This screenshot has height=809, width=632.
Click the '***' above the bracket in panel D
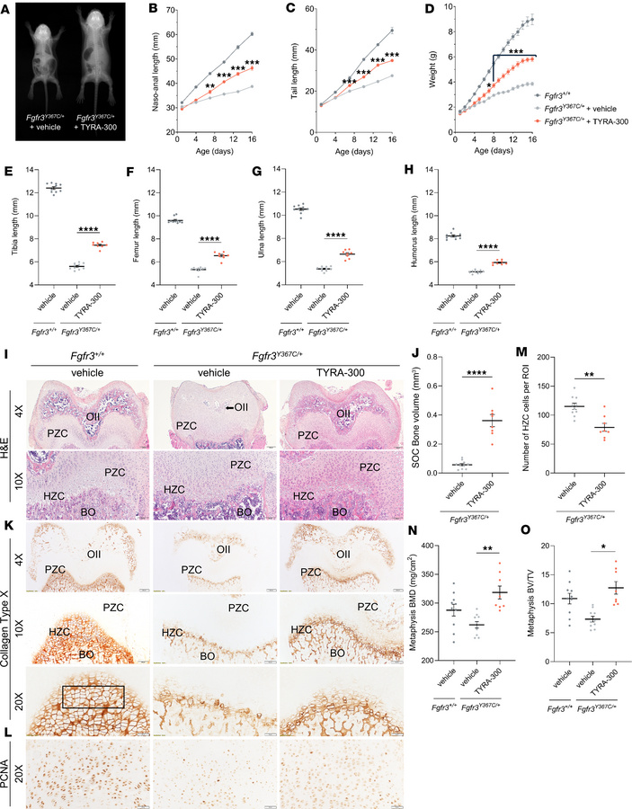(x=516, y=51)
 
